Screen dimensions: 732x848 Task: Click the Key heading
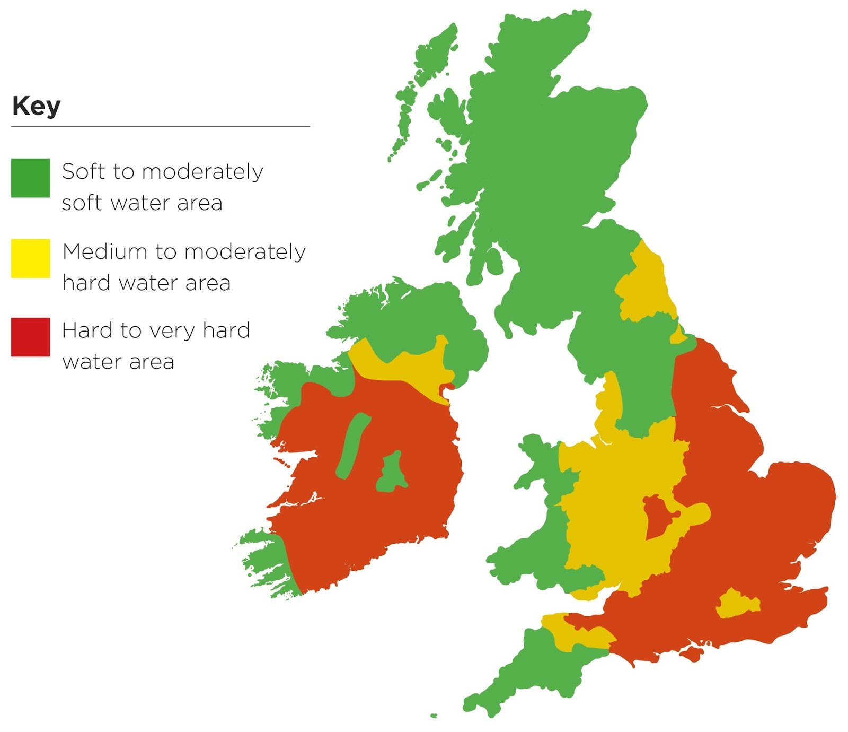[36, 106]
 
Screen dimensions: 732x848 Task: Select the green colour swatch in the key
[30, 178]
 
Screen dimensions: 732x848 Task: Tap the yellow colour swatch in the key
[30, 258]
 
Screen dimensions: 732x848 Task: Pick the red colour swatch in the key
[30, 337]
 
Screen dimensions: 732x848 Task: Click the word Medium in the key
[104, 251]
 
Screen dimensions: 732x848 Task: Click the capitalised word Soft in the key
[83, 171]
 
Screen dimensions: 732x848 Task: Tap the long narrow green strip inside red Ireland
[352, 446]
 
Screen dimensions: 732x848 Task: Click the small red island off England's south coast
[692, 654]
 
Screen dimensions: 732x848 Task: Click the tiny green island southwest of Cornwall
[434, 716]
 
